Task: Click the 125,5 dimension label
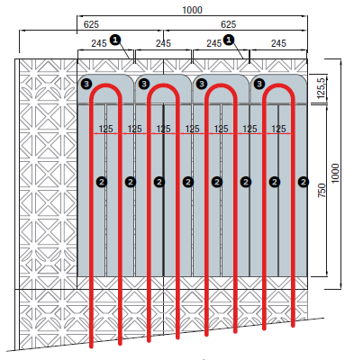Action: [321, 88]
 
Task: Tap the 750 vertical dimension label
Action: [322, 191]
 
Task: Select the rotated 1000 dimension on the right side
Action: [335, 173]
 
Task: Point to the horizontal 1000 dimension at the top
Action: [193, 10]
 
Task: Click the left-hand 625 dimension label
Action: [91, 24]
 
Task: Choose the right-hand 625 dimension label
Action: [228, 24]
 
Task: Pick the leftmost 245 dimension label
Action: [99, 43]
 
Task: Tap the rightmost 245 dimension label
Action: [278, 43]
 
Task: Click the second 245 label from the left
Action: [163, 43]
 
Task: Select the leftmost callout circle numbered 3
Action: [86, 84]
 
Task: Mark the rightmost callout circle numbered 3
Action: [259, 84]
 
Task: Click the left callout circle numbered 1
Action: [115, 40]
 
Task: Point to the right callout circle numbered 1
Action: [229, 40]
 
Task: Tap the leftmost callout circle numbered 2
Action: [102, 182]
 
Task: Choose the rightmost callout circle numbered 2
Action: [304, 182]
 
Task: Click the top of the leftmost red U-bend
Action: [105, 85]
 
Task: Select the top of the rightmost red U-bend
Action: [278, 85]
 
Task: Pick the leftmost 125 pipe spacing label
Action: [105, 129]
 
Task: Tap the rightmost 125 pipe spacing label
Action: [278, 129]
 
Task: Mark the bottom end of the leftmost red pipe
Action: [91, 346]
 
